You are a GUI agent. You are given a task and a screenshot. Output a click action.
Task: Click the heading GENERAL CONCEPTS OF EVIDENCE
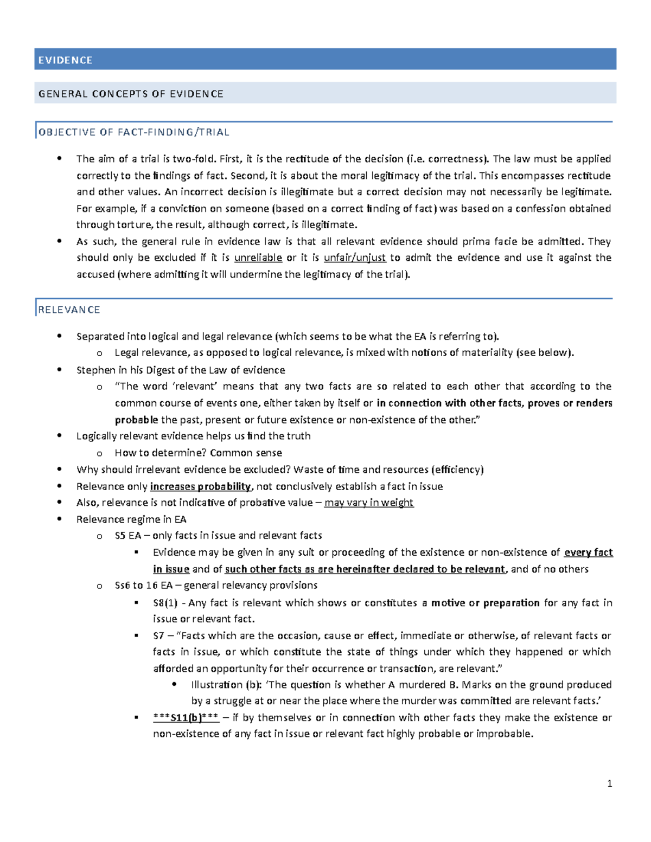click(x=131, y=94)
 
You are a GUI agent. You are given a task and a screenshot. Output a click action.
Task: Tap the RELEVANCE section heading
click(x=69, y=310)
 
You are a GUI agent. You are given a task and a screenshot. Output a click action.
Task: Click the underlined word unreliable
click(x=258, y=258)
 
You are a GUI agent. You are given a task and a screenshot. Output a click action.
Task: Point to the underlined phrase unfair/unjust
click(x=355, y=258)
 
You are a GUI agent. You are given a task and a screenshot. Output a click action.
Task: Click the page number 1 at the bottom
click(x=610, y=783)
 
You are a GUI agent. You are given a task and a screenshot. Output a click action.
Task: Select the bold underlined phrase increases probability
click(x=200, y=486)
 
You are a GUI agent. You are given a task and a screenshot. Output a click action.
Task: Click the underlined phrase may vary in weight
click(x=369, y=503)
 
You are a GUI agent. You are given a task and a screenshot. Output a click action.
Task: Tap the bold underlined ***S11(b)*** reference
click(x=186, y=718)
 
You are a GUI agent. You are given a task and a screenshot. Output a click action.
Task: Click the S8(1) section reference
click(x=165, y=603)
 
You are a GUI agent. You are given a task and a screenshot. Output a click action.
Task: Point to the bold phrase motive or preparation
click(x=485, y=603)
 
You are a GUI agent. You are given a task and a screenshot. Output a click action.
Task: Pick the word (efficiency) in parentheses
click(x=457, y=470)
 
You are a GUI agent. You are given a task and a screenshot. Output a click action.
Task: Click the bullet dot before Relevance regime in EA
click(x=60, y=519)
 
